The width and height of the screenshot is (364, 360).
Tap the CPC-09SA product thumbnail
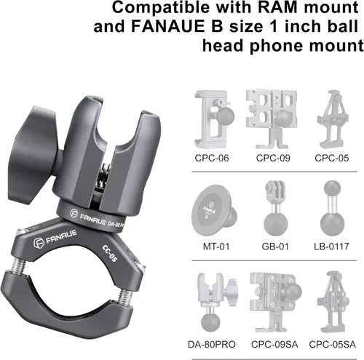pyautogui.click(x=274, y=300)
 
